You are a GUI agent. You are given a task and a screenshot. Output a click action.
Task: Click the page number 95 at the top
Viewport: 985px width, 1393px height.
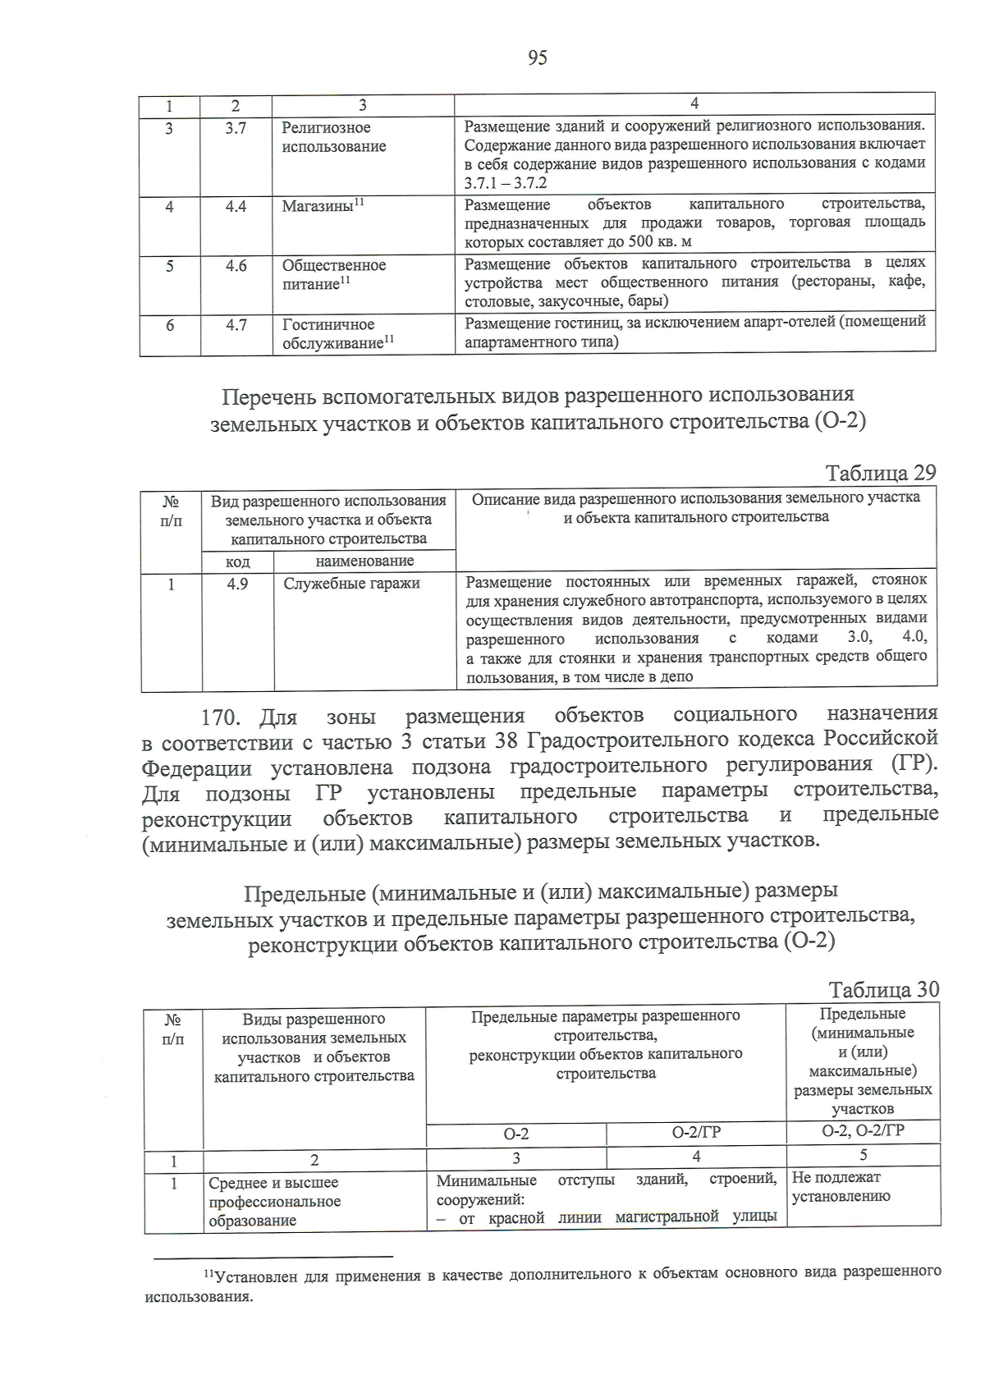click(x=538, y=57)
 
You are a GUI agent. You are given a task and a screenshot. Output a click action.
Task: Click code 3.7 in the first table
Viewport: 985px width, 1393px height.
click(x=236, y=128)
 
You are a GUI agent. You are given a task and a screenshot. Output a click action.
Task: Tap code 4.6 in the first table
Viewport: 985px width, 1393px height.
click(x=236, y=266)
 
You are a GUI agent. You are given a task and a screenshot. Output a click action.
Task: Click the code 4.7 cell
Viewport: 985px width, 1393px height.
click(x=236, y=325)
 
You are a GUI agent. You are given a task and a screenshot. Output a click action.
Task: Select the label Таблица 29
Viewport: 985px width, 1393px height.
click(x=881, y=473)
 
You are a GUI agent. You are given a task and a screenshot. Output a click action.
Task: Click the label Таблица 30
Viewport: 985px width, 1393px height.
click(x=883, y=990)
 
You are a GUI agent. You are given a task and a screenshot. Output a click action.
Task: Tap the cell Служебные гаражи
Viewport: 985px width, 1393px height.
click(x=351, y=584)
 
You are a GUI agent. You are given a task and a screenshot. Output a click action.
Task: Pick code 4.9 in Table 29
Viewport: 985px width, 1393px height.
click(x=237, y=584)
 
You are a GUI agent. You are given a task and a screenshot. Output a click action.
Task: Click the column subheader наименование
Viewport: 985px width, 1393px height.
click(x=364, y=561)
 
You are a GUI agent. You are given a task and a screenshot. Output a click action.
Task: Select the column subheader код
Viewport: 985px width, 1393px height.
click(x=238, y=561)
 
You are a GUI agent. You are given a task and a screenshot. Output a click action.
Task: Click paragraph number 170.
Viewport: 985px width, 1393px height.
click(x=220, y=717)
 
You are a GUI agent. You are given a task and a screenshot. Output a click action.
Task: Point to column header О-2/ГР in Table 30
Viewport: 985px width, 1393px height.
click(x=696, y=1133)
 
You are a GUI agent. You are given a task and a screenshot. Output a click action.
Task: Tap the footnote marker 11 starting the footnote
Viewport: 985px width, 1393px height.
click(x=208, y=1273)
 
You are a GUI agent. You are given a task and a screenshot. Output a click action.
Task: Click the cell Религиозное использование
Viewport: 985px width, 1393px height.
click(x=333, y=137)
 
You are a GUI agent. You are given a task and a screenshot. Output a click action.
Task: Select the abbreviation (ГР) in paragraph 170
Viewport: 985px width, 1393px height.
click(x=913, y=764)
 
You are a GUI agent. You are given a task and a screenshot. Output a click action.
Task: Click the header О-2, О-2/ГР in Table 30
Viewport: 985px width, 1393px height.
click(x=863, y=1130)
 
